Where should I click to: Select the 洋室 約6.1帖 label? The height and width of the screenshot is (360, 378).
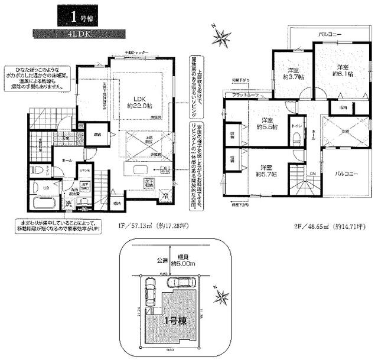click(342, 70)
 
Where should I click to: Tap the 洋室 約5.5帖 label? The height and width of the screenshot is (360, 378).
click(271, 123)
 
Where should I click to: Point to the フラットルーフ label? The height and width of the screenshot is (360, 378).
click(246, 95)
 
